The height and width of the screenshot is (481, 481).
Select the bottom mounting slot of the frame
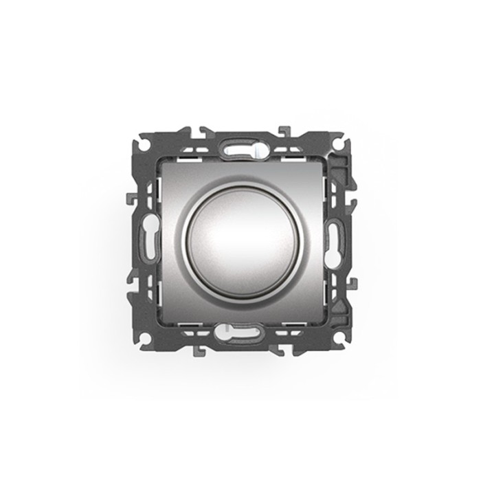[240, 335]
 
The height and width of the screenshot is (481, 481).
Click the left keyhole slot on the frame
[146, 241]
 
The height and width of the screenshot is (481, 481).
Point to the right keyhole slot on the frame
[334, 241]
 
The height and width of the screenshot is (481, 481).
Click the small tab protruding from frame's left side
[130, 200]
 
